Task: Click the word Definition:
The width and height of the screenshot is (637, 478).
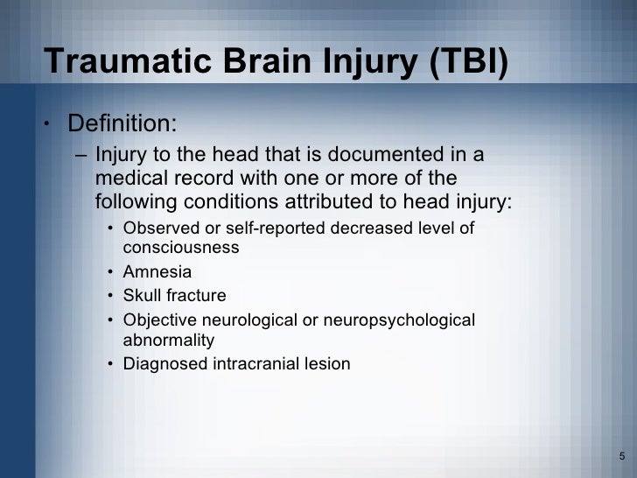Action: (126, 121)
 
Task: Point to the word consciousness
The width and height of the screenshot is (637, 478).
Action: (181, 248)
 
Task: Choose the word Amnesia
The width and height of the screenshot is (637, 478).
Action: (157, 272)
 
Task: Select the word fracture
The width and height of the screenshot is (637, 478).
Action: (197, 296)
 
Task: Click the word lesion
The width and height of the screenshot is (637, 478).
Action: (325, 363)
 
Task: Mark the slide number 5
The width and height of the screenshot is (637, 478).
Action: (621, 456)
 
